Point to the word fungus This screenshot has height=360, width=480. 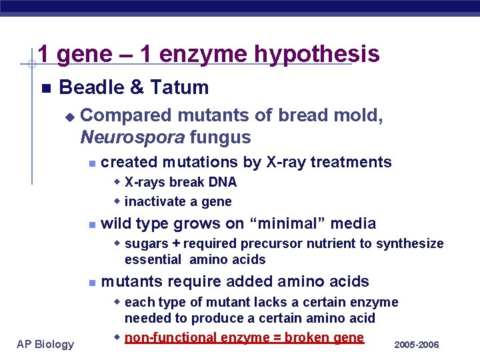click(220, 137)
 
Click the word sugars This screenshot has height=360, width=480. click(146, 243)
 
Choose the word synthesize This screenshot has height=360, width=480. click(409, 243)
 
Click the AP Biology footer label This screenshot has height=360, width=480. click(45, 344)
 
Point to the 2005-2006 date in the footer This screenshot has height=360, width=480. click(417, 345)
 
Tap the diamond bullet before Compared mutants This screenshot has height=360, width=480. click(69, 116)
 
